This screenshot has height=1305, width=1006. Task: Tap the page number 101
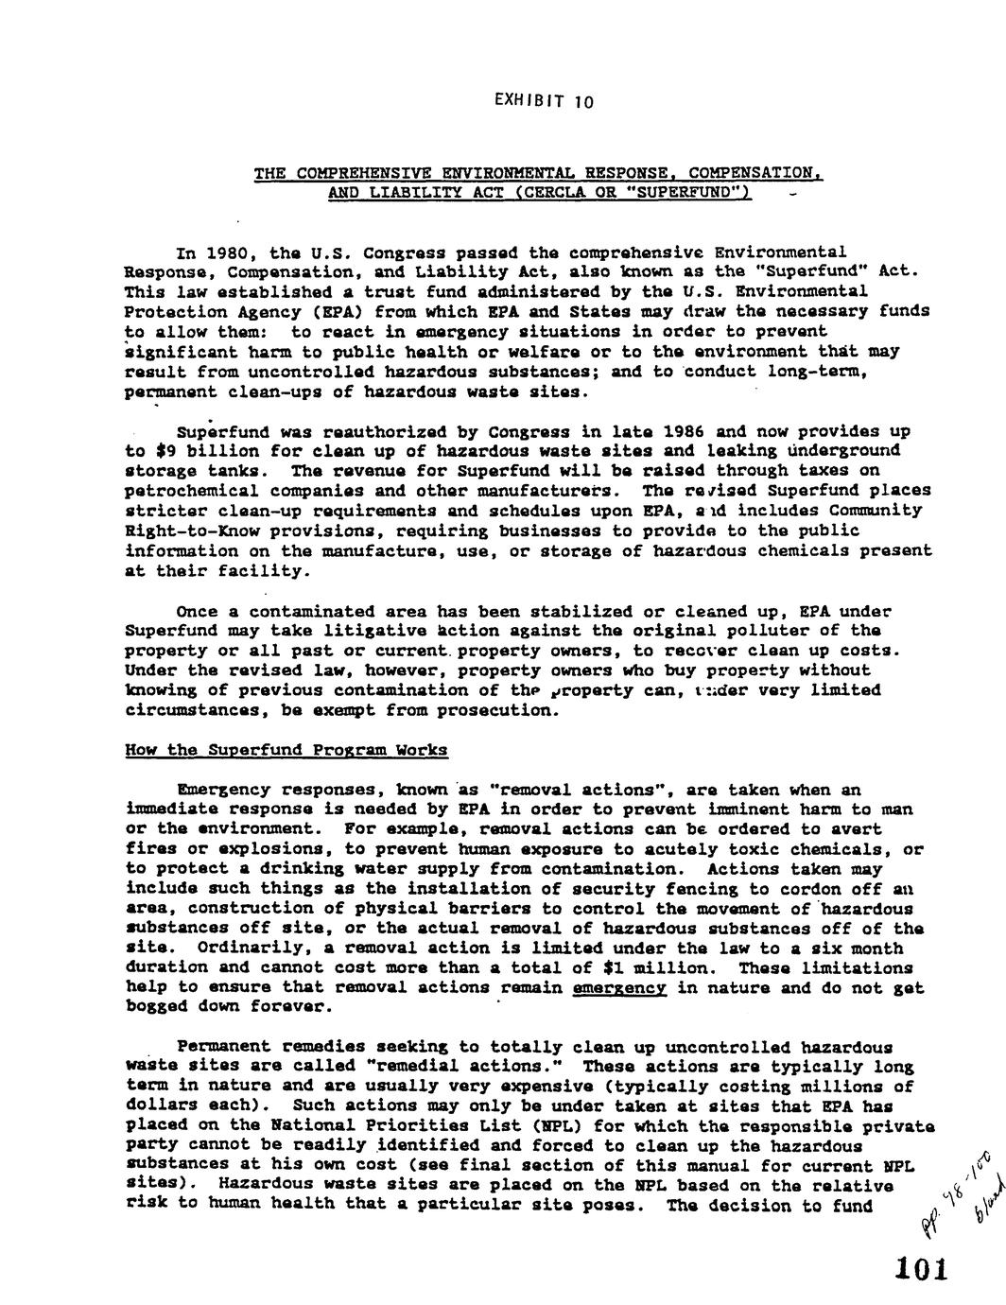point(916,1267)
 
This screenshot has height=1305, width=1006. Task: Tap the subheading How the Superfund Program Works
point(286,750)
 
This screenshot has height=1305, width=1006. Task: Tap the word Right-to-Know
point(187,531)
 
